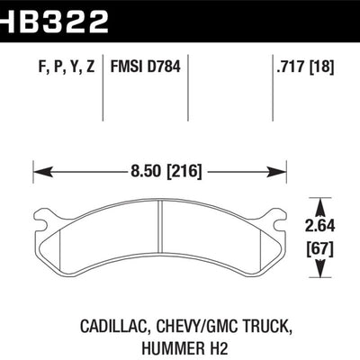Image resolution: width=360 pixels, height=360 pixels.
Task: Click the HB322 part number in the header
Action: click(x=54, y=21)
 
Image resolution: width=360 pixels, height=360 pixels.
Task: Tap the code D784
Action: click(x=164, y=67)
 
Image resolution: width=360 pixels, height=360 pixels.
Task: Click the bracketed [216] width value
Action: click(x=184, y=172)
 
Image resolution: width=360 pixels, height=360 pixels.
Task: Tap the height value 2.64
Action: click(x=319, y=226)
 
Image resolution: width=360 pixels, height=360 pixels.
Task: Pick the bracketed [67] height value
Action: click(x=319, y=249)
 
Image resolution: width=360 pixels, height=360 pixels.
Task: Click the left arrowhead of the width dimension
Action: click(x=43, y=172)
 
